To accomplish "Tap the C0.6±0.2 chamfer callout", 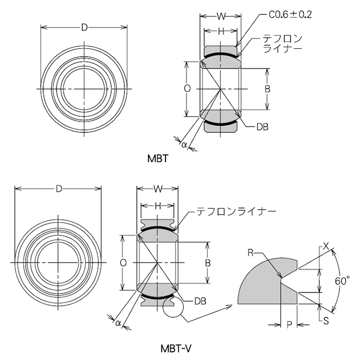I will [x=291, y=15].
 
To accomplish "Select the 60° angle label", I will [x=341, y=281].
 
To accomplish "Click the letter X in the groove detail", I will [x=326, y=247].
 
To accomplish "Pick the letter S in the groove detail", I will [x=326, y=319].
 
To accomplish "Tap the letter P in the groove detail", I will [x=289, y=324].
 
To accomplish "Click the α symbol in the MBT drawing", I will [x=184, y=145].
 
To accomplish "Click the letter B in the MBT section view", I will [x=267, y=89].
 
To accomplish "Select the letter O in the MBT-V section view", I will [x=123, y=263].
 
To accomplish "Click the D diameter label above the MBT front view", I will [x=84, y=27].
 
